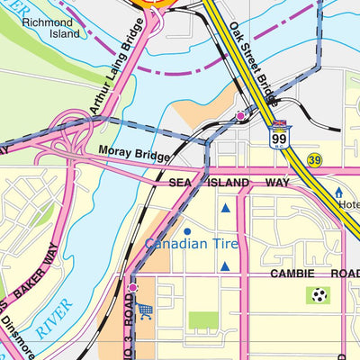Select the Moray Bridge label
pyautogui.click(x=134, y=155)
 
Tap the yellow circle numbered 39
pyautogui.click(x=314, y=158)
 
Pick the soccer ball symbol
pyautogui.click(x=318, y=293)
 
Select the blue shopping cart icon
pyautogui.click(x=146, y=310)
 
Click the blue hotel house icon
pyautogui.click(x=339, y=192)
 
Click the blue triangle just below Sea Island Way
pyautogui.click(x=225, y=208)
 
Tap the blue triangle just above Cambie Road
pyautogui.click(x=225, y=265)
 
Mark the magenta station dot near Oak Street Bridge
pyautogui.click(x=240, y=116)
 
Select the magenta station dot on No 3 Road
pyautogui.click(x=132, y=288)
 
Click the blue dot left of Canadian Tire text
pyautogui.click(x=187, y=231)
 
